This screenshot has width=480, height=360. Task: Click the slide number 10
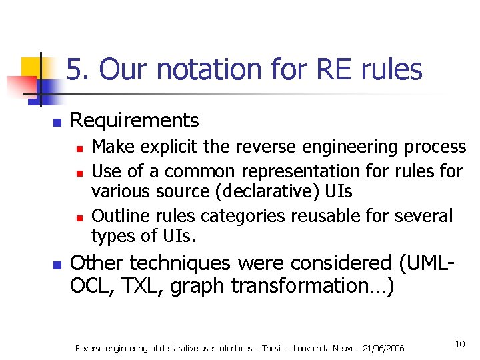(459, 344)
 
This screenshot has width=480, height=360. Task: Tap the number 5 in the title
(75, 69)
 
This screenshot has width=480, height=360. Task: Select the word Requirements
(134, 121)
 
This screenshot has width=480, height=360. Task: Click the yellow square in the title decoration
(29, 67)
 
